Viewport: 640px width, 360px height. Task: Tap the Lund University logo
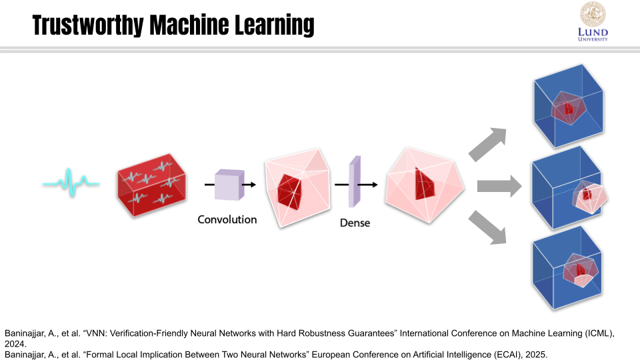click(592, 22)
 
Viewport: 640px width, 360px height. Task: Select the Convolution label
click(227, 219)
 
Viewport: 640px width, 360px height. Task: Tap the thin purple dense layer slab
click(355, 181)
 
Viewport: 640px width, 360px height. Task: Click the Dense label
click(355, 223)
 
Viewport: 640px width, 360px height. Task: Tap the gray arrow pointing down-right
click(487, 227)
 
